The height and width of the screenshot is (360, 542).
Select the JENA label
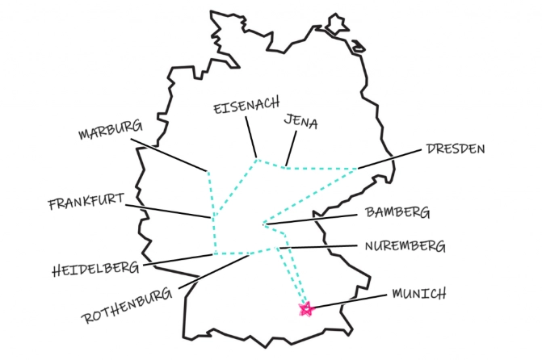click(300, 123)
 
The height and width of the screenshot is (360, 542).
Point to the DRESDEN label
click(456, 149)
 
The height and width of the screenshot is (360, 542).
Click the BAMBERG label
click(397, 213)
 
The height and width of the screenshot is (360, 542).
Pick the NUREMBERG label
click(403, 245)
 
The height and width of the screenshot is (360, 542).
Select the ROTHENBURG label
click(127, 305)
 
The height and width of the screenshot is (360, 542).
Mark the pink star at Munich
click(305, 308)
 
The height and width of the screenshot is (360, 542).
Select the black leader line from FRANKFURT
click(170, 211)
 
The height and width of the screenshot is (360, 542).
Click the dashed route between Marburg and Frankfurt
click(210, 194)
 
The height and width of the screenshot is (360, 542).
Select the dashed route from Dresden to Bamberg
click(311, 195)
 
